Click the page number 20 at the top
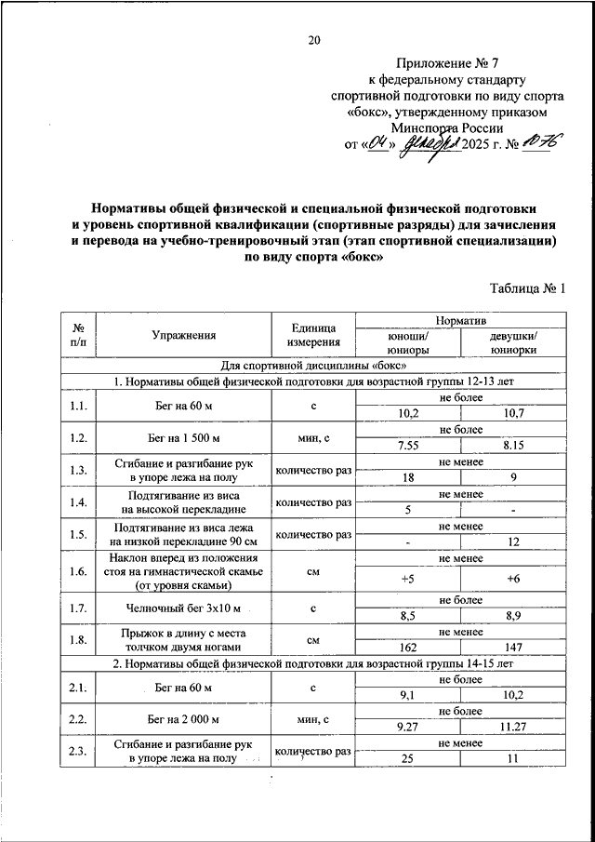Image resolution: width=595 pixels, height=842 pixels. click(x=313, y=39)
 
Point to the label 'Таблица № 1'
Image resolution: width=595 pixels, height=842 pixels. click(x=527, y=289)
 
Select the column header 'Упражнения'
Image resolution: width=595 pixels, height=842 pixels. click(x=185, y=336)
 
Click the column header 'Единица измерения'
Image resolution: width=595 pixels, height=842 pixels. click(x=312, y=336)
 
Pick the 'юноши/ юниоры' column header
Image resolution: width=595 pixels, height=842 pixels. click(x=408, y=342)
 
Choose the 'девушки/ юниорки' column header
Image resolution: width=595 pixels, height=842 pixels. click(x=513, y=342)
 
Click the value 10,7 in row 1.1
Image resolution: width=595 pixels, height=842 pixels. click(x=513, y=413)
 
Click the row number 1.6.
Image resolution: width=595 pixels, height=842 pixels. click(x=78, y=571)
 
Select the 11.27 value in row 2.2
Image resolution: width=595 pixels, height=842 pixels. click(x=513, y=726)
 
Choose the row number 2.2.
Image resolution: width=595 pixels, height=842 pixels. click(x=78, y=718)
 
